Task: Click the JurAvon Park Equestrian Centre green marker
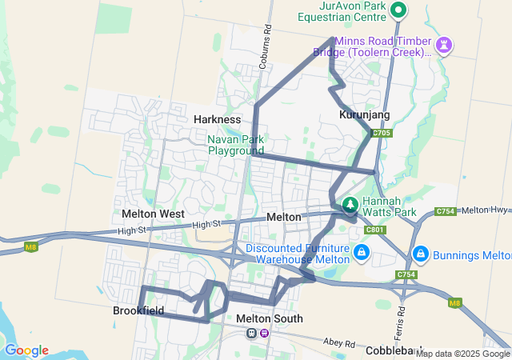[x=398, y=10]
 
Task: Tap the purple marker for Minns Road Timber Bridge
[x=446, y=45]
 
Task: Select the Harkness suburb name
[x=217, y=119]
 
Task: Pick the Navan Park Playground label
[x=235, y=144]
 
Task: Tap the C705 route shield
[x=382, y=134]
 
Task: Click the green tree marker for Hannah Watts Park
[x=350, y=205]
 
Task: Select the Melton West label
[x=153, y=214]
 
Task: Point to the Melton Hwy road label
[x=486, y=210]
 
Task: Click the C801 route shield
[x=374, y=230]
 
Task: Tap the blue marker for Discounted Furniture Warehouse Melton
[x=362, y=253]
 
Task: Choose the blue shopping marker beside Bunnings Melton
[x=420, y=254]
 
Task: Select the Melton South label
[x=270, y=318]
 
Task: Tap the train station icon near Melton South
[x=252, y=333]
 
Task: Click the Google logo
[x=26, y=350]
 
